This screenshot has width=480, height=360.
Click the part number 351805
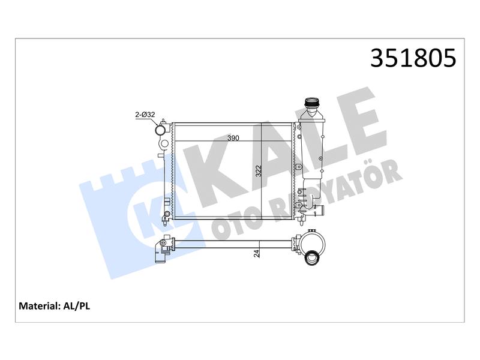pyautogui.click(x=413, y=58)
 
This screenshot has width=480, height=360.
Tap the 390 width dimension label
pyautogui.click(x=233, y=138)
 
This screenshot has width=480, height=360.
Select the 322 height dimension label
pyautogui.click(x=259, y=171)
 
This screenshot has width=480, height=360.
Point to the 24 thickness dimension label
pyautogui.click(x=257, y=253)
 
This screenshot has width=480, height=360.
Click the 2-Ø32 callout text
pyautogui.click(x=145, y=115)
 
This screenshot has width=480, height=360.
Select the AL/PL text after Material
pyautogui.click(x=77, y=306)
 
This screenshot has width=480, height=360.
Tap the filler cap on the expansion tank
pyautogui.click(x=311, y=103)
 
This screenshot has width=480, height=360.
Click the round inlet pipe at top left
pyautogui.click(x=160, y=130)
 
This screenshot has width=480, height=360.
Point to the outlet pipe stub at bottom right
pyautogui.click(x=319, y=211)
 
